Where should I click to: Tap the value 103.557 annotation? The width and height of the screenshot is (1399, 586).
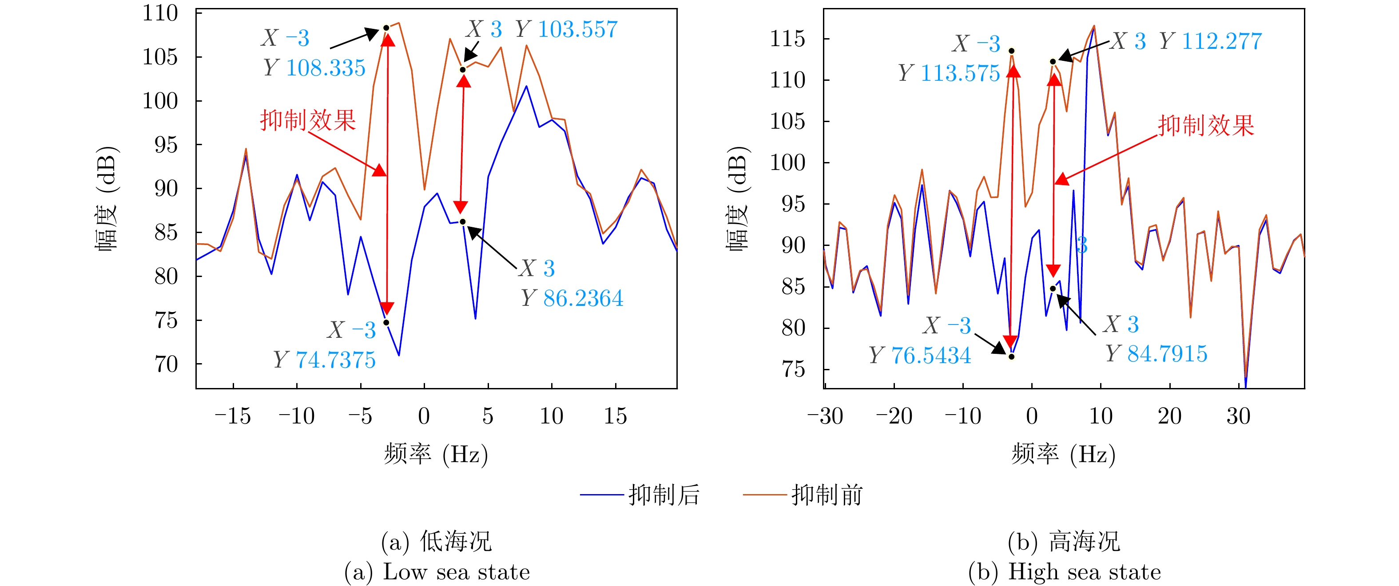click(x=577, y=29)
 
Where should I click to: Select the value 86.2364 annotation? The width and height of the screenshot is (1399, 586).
click(x=583, y=298)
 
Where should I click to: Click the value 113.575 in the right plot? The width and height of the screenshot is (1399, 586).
click(x=960, y=73)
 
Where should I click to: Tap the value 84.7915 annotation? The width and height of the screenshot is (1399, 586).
click(x=1167, y=354)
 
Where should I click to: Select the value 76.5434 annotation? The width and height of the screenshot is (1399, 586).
click(x=931, y=356)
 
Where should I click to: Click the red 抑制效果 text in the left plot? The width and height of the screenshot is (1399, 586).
click(x=307, y=120)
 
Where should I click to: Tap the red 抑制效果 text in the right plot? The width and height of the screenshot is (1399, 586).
click(x=1206, y=126)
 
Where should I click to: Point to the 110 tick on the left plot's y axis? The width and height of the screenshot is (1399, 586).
click(x=160, y=13)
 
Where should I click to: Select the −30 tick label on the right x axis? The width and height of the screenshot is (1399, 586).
click(x=825, y=416)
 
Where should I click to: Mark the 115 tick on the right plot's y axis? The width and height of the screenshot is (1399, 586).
click(x=787, y=39)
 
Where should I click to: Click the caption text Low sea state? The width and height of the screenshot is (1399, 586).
click(x=456, y=572)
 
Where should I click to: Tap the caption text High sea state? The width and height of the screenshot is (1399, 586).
click(x=1084, y=572)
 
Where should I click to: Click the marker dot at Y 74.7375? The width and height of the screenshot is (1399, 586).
click(x=386, y=323)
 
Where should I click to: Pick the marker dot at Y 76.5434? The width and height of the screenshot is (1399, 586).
click(x=1012, y=357)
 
